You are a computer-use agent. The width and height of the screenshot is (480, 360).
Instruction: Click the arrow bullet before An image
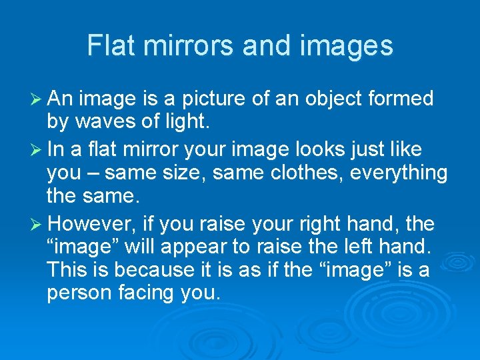(37, 99)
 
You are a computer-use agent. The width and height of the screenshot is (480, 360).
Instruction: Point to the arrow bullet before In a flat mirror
(37, 149)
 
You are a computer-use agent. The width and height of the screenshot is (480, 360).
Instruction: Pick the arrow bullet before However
(37, 223)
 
